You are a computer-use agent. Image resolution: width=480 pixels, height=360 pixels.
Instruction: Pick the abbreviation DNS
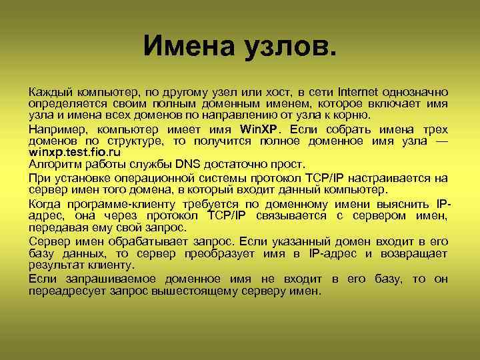(x=191, y=164)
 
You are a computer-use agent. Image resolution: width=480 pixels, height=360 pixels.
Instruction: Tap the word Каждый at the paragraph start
(x=50, y=91)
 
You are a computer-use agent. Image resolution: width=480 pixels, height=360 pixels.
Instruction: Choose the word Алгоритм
(x=54, y=164)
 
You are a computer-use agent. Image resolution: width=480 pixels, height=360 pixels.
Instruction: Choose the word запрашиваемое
(x=106, y=279)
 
